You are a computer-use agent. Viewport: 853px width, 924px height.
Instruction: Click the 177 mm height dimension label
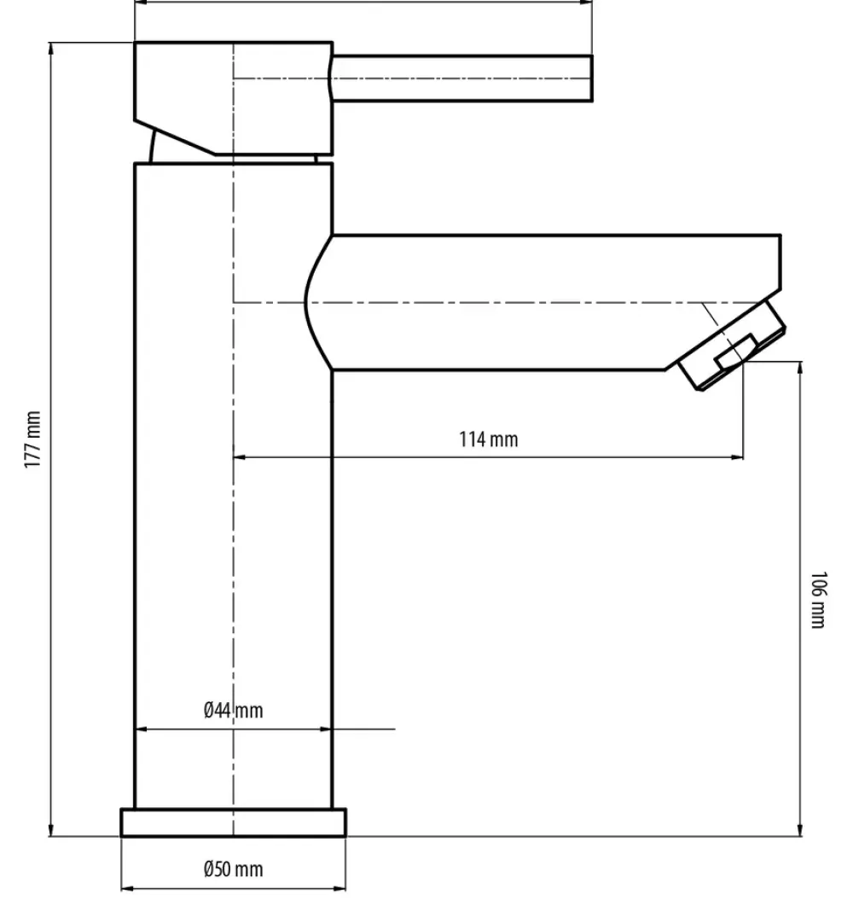[33, 439]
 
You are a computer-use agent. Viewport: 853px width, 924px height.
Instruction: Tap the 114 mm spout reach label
[489, 439]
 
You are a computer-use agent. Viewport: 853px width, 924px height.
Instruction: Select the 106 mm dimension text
[818, 599]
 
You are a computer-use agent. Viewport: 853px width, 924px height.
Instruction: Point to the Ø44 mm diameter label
[233, 710]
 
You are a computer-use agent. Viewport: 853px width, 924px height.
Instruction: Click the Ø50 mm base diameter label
[233, 869]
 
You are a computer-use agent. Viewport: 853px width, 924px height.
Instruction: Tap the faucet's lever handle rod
[461, 78]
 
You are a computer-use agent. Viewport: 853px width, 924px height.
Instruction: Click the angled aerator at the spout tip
[732, 346]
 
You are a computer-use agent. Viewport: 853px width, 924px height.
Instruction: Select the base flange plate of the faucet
[233, 822]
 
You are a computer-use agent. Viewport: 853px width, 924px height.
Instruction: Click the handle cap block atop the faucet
[233, 98]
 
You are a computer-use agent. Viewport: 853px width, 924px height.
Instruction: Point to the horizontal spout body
[542, 302]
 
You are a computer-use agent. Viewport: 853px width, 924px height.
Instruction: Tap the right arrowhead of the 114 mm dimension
[737, 456]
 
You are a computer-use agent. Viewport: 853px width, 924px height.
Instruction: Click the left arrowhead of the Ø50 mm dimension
[127, 888]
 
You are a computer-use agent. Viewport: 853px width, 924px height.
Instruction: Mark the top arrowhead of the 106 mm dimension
[800, 369]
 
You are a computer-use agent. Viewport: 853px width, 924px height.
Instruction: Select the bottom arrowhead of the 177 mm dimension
[50, 829]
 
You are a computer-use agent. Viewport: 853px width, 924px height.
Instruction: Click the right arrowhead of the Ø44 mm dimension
[326, 729]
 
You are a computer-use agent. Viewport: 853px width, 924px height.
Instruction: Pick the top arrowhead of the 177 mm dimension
[50, 49]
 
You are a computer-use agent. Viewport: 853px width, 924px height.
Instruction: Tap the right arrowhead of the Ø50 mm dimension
[339, 888]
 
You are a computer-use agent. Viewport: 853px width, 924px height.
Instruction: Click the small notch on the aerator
[736, 352]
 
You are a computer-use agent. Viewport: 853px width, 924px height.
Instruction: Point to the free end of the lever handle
[591, 78]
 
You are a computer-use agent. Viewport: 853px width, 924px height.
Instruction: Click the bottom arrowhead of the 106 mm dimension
[800, 829]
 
